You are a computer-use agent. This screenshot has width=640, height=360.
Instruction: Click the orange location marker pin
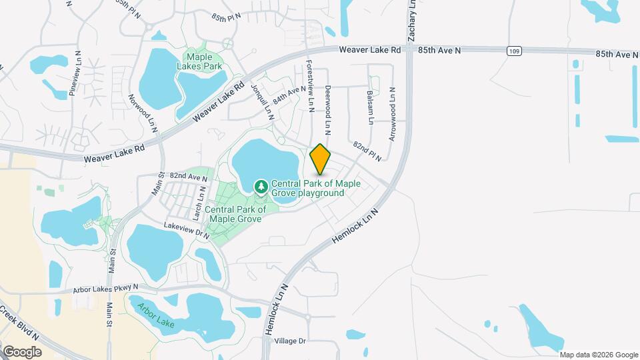tap(321, 159)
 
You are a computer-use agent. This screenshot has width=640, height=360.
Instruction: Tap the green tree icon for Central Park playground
tap(261, 184)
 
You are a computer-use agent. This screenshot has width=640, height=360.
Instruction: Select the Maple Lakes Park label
tap(199, 62)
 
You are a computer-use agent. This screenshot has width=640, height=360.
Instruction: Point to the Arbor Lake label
tap(155, 315)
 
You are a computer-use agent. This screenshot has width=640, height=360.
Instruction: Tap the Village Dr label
tap(289, 341)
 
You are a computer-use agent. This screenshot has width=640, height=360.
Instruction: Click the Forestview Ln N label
tap(309, 81)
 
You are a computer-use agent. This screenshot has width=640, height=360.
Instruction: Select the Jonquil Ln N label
tap(263, 102)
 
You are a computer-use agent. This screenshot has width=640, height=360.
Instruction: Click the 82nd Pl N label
tap(367, 151)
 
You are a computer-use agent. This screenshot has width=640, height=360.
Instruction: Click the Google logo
tap(22, 351)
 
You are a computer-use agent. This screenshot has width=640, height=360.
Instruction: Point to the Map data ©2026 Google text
tap(599, 355)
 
